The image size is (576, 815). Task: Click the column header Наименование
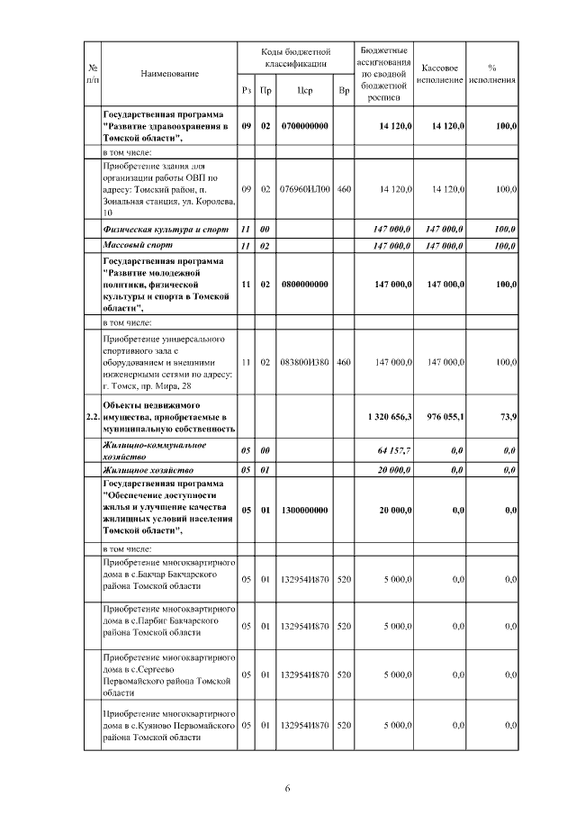point(169,73)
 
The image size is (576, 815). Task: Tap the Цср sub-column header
point(304,91)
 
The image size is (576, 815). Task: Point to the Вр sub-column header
point(344,91)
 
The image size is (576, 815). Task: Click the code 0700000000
point(304,127)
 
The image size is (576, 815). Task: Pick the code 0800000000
point(304,284)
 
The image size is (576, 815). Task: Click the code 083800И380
point(304,362)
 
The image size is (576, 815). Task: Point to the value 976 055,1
point(443,417)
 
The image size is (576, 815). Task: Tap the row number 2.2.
point(92,417)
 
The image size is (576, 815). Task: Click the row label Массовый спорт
point(135,245)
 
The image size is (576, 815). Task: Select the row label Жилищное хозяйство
point(144,469)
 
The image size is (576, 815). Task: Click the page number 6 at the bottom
point(287,789)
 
